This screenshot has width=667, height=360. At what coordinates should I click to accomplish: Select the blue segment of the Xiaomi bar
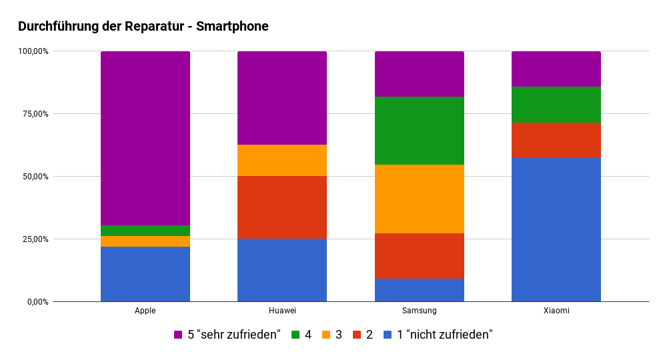[x=556, y=229]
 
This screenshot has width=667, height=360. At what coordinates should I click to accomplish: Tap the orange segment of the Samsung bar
[x=419, y=199]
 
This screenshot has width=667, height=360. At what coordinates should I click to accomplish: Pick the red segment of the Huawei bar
[x=282, y=207]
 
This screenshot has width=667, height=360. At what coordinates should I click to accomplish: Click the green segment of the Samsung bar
[x=419, y=131]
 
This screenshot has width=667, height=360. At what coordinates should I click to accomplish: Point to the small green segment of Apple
[x=145, y=231]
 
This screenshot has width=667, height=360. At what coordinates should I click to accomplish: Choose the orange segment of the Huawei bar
[x=282, y=160]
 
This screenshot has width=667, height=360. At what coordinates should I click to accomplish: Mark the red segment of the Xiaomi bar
[x=556, y=140]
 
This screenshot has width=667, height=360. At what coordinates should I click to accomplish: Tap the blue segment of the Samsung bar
[x=419, y=289]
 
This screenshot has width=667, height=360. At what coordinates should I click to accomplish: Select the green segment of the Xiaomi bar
[x=556, y=105]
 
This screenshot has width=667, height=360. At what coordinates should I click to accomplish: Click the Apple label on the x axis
[x=145, y=311]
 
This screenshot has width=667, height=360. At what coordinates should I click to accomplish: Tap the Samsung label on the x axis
[x=419, y=311]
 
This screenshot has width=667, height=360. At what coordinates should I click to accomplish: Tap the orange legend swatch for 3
[x=326, y=335]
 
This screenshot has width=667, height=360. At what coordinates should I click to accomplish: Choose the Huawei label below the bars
[x=282, y=311]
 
